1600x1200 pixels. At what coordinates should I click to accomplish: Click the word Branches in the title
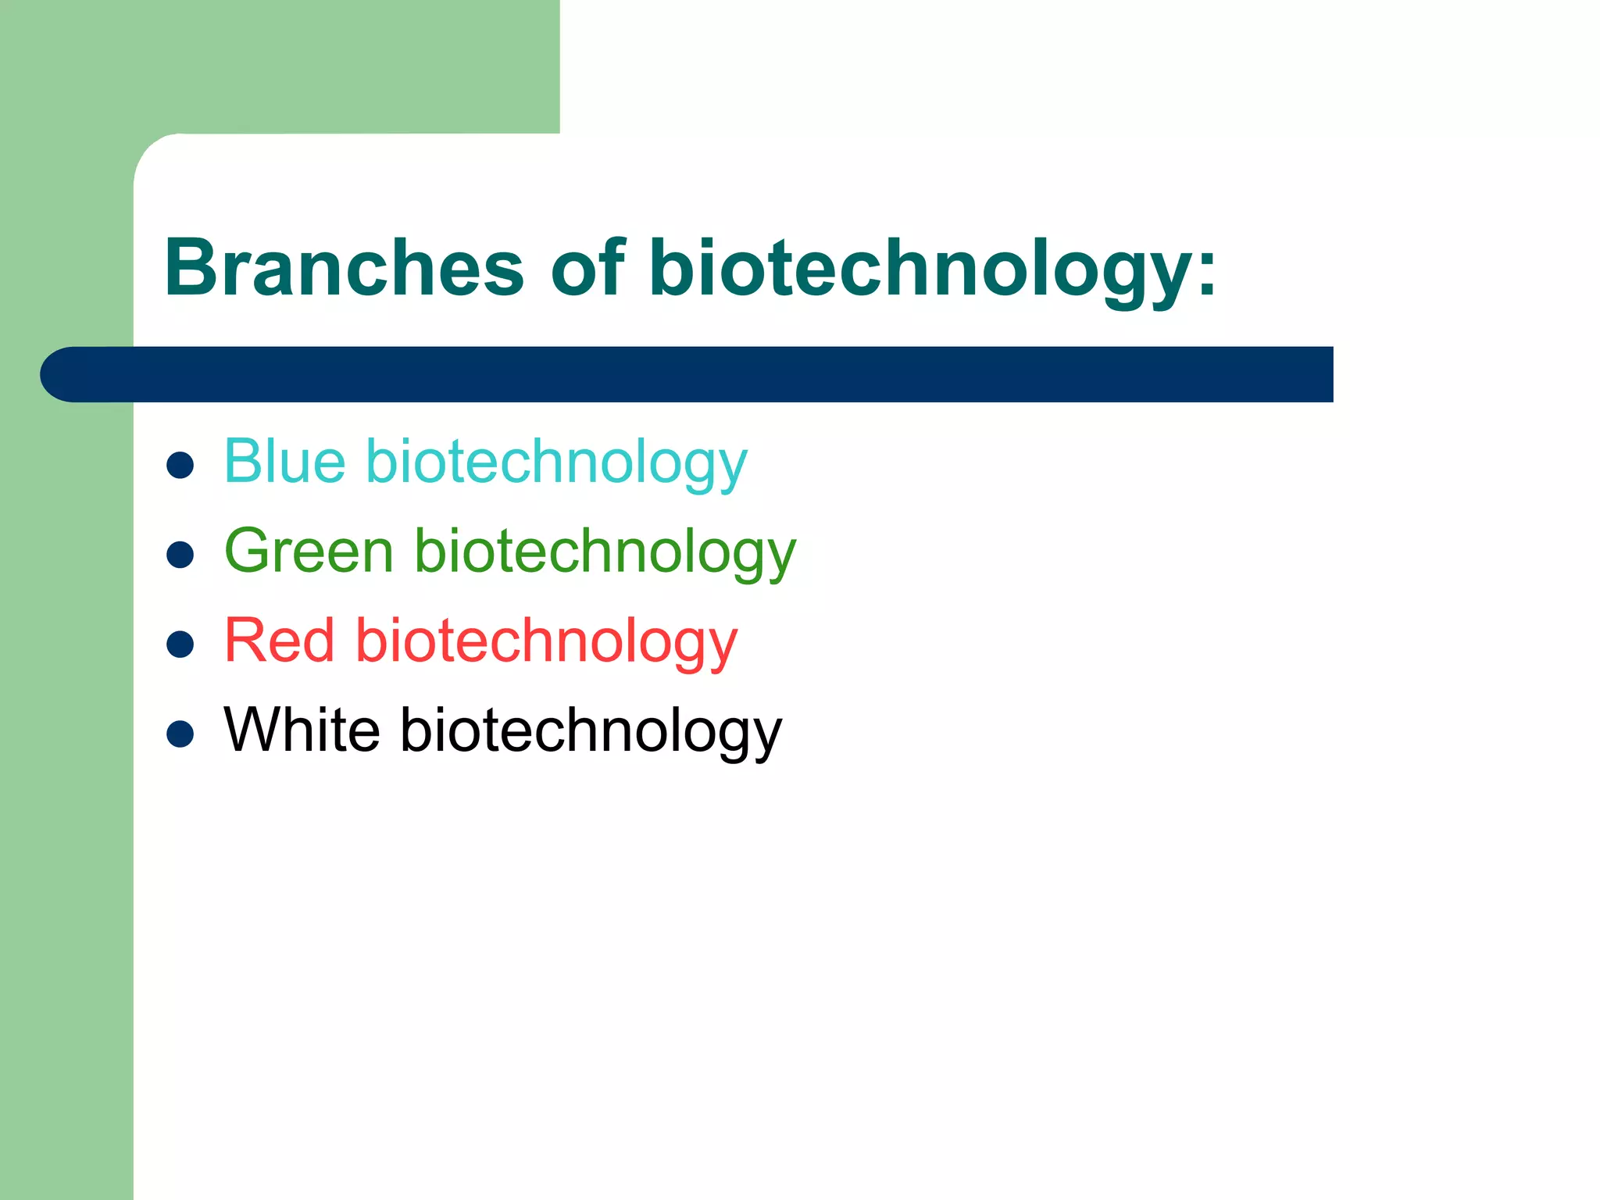344,268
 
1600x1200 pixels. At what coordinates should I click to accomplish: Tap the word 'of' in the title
587,268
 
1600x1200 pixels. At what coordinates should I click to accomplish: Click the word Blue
284,462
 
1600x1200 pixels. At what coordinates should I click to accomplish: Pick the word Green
309,552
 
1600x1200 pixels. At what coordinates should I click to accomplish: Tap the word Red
279,641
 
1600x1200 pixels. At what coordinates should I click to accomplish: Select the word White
302,730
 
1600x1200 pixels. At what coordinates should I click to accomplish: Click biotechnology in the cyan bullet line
556,463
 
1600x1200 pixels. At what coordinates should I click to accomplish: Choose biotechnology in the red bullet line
546,642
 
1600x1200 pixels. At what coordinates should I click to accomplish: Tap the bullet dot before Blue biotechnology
180,466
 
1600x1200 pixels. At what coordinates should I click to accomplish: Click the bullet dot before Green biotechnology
180,555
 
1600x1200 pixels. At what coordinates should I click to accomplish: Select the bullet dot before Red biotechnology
180,645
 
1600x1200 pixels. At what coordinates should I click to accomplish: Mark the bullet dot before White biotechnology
180,734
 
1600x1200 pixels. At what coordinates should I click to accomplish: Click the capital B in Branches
191,268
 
